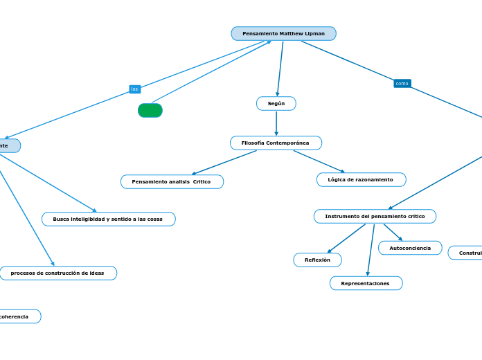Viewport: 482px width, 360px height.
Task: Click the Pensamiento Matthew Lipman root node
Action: [283, 33]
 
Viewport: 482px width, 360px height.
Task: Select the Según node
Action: [276, 103]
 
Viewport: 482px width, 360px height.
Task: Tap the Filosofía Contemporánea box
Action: [276, 143]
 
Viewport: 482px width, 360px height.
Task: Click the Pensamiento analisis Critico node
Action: [172, 181]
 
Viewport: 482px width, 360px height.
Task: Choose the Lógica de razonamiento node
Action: [361, 179]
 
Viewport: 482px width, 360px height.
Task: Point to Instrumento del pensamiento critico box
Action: [375, 216]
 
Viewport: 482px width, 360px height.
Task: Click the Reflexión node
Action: [317, 260]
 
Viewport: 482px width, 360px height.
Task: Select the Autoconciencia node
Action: [410, 248]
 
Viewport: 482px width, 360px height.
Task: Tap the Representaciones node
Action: [366, 283]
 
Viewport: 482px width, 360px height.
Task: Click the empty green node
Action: [150, 111]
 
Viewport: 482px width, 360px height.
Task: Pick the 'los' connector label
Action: [134, 89]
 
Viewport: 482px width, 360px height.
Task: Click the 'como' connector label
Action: [402, 83]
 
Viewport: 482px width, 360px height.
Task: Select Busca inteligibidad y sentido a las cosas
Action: [108, 219]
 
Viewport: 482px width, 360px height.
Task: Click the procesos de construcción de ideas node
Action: [57, 273]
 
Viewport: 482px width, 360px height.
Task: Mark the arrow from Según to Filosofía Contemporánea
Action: [276, 123]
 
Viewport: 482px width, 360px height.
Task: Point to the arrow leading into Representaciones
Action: [371, 251]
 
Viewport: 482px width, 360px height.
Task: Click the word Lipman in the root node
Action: [314, 33]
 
